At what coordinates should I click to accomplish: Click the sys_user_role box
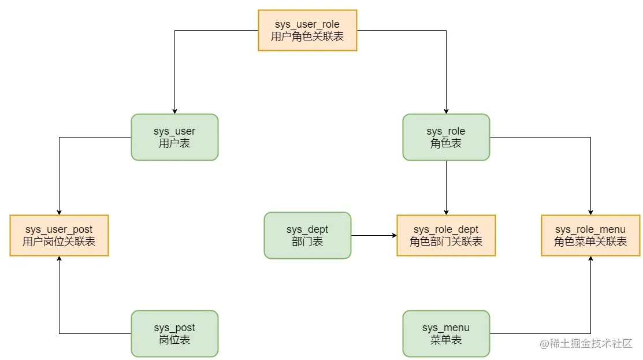[307, 30]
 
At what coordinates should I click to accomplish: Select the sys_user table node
[174, 137]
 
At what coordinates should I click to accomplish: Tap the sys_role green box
[446, 137]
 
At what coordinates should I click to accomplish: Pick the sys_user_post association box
[59, 235]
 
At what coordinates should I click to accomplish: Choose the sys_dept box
[307, 235]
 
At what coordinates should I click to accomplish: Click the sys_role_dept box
[446, 235]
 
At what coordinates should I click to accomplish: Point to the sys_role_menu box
[590, 235]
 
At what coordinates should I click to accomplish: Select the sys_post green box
[174, 333]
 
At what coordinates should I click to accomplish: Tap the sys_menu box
[446, 333]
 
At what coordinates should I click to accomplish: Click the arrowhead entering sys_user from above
[174, 111]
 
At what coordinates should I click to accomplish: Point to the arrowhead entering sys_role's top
[446, 111]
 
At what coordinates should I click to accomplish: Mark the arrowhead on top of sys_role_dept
[446, 212]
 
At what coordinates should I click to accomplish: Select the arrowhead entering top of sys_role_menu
[590, 212]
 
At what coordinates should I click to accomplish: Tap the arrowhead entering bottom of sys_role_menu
[590, 259]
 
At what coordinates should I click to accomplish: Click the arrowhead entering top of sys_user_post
[59, 212]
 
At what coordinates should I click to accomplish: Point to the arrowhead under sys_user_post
[59, 259]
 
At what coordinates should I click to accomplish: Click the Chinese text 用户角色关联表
[307, 36]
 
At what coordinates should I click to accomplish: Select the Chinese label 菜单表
[446, 340]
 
